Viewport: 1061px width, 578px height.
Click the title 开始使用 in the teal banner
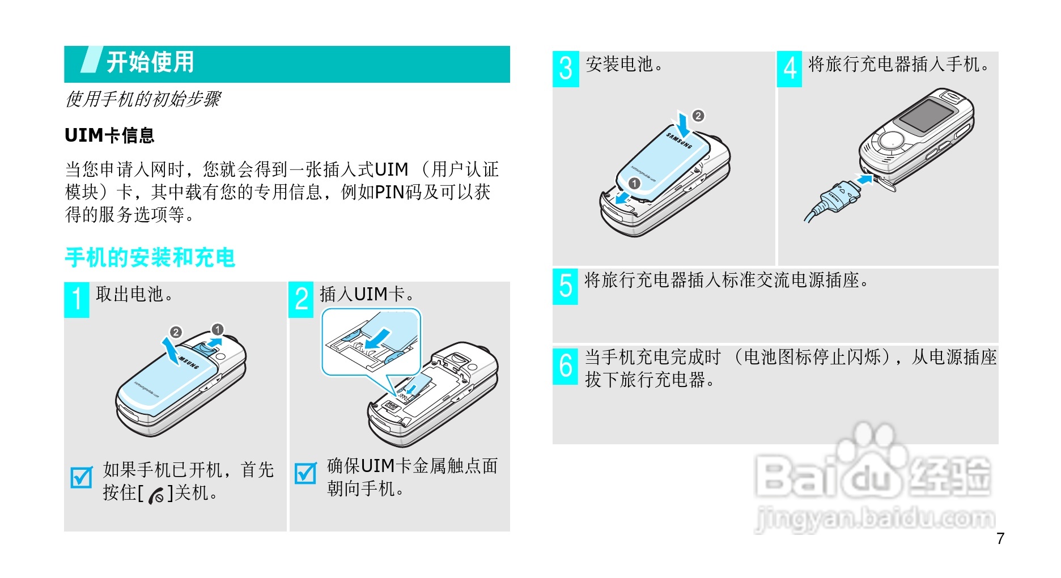(150, 62)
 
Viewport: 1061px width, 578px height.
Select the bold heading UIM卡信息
(109, 135)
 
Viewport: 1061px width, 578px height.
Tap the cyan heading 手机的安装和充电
(150, 257)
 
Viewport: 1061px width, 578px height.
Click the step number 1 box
(77, 300)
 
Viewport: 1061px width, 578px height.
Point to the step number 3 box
(566, 69)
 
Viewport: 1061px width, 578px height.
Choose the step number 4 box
(790, 69)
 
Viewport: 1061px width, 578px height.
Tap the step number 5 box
(565, 286)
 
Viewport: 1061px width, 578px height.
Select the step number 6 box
(565, 366)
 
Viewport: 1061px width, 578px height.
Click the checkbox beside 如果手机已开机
(82, 477)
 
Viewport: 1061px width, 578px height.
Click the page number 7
(1000, 538)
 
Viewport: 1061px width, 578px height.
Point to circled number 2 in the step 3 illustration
(698, 116)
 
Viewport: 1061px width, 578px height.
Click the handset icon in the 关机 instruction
(156, 495)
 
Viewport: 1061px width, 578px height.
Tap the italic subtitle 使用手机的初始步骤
(143, 99)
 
